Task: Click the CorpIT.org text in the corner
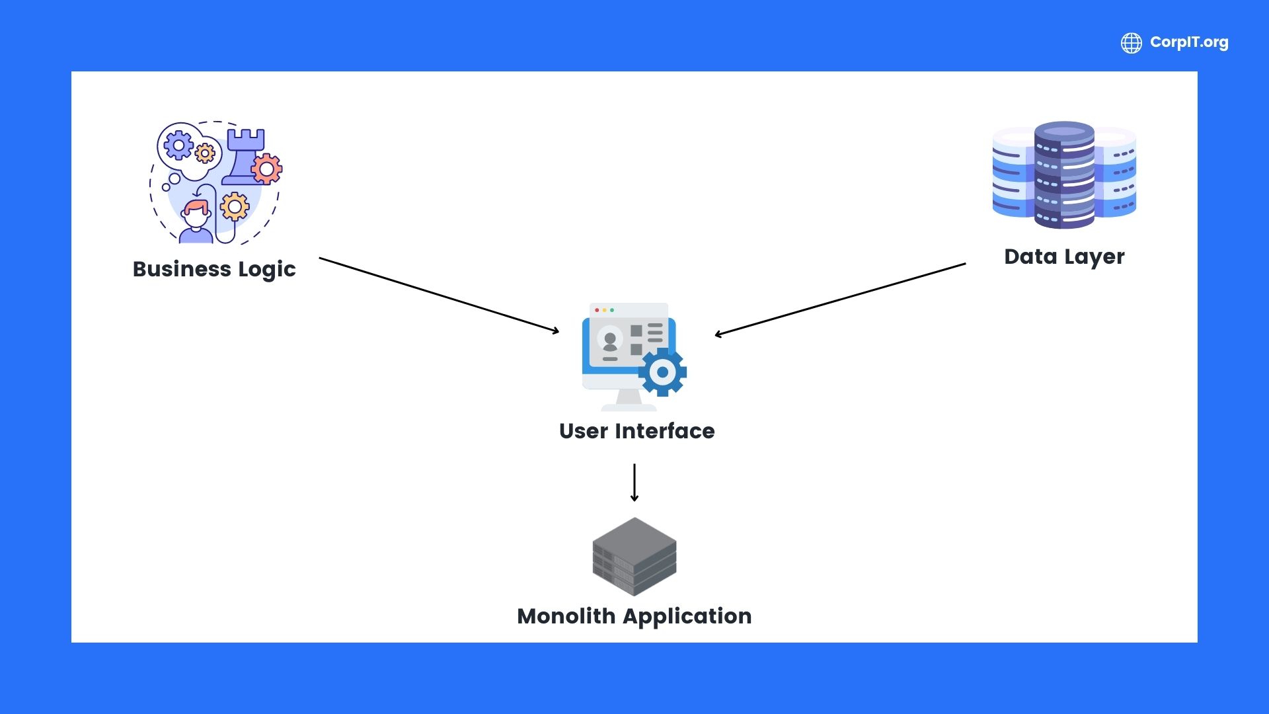click(1188, 42)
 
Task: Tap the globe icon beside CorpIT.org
click(1131, 43)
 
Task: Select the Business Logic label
click(214, 269)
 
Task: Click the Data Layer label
click(1064, 257)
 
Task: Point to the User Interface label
click(636, 431)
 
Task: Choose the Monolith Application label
click(634, 616)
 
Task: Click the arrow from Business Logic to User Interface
click(439, 295)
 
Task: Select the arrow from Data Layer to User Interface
click(840, 299)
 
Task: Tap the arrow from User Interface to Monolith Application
click(634, 482)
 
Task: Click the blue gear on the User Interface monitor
click(662, 372)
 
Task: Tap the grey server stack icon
click(634, 556)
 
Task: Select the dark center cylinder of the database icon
click(1064, 175)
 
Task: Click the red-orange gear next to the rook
click(267, 170)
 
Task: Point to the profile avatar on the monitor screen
click(610, 340)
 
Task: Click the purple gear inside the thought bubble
click(178, 145)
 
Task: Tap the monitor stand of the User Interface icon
click(629, 399)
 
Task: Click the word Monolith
click(566, 616)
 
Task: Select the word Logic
click(267, 270)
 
